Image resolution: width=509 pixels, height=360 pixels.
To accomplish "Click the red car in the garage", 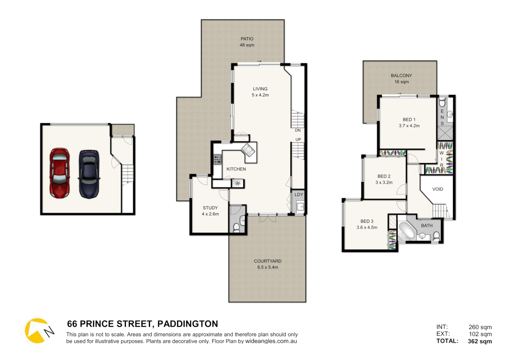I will point(60,173).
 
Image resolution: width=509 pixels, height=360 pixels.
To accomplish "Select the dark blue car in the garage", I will point(89,174).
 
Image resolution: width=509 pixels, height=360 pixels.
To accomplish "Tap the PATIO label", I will point(247,39).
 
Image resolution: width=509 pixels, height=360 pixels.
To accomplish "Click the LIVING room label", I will point(260,89).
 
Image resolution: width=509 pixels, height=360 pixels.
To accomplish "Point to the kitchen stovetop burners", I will point(217,160).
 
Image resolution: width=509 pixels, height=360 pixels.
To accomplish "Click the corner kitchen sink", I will point(248,150).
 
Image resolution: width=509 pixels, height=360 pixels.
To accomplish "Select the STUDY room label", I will point(210,208).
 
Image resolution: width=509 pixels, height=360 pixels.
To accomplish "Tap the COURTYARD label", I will point(267,261).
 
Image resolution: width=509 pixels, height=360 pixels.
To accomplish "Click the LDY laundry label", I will point(299,195).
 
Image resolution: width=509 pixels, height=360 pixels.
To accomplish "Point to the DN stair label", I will point(297,130).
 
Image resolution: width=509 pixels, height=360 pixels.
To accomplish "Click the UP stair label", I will point(298,140).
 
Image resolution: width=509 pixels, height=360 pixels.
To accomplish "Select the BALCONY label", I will point(401,76).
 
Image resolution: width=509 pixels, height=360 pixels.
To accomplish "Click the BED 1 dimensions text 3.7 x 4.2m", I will point(409,126).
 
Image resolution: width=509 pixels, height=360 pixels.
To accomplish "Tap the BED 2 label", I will point(384,176).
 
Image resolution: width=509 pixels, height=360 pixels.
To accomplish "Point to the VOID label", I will point(437,189).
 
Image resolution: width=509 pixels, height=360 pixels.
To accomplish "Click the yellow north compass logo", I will point(37,331).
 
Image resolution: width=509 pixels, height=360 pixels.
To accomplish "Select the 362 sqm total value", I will point(480,341).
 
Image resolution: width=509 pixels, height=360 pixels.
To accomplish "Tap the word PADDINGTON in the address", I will point(188,324).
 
